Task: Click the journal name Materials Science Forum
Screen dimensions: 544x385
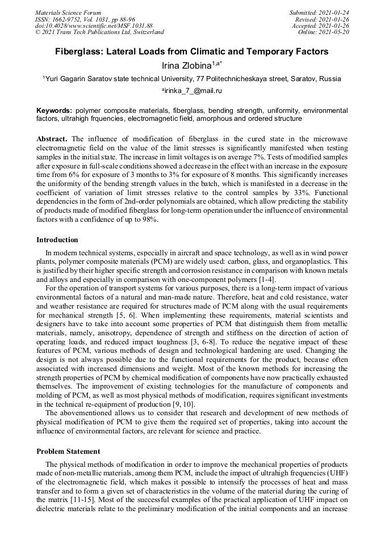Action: [68, 12]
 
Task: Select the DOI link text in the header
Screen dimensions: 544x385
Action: [94, 26]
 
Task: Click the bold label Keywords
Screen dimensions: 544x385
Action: [54, 110]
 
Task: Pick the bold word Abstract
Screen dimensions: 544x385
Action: [52, 138]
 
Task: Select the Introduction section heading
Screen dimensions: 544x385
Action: [57, 240]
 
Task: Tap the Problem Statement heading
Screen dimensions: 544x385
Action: [68, 452]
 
